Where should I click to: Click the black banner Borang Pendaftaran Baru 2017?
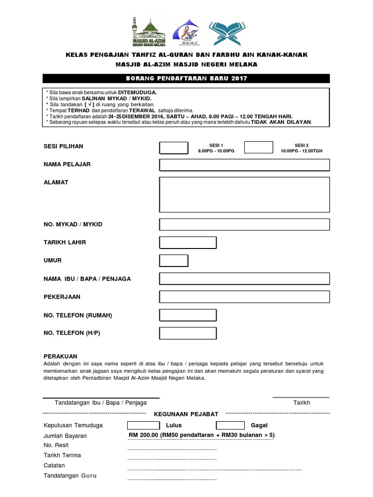186,79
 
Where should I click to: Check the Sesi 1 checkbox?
173,148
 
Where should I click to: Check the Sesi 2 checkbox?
258,148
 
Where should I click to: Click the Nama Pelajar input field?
244,165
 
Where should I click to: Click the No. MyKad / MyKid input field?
244,224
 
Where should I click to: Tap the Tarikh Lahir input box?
188,242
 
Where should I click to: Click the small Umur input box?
174,261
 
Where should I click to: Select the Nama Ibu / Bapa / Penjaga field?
244,279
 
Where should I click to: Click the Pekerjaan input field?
244,297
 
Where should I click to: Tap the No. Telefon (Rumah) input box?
188,315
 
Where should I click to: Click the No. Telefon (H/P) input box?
188,333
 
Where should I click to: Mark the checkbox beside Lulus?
142,425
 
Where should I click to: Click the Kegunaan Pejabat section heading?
186,414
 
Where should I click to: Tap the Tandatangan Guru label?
70,476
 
